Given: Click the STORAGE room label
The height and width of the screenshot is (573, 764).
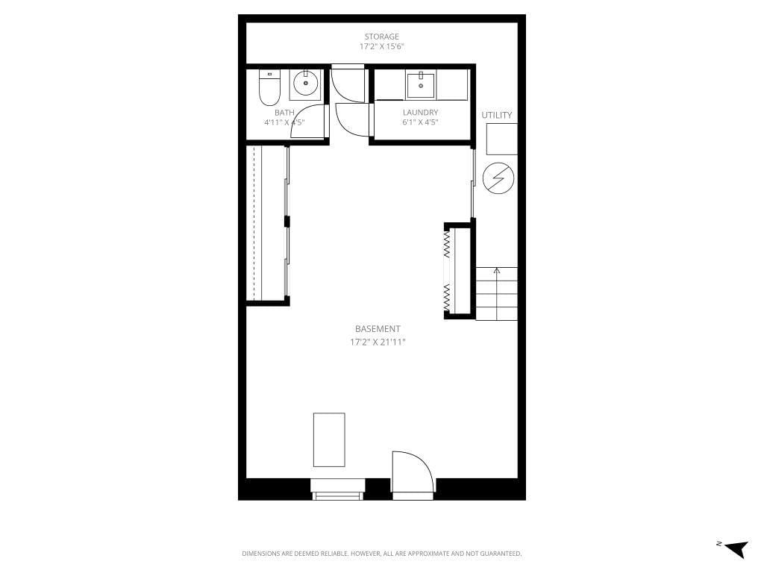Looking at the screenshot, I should pyautogui.click(x=381, y=37).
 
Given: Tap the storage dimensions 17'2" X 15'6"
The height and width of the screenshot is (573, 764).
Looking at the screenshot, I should pyautogui.click(x=381, y=46).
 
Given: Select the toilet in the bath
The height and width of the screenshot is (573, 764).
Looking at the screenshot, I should pyautogui.click(x=269, y=88).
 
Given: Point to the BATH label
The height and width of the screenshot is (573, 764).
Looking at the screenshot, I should pyautogui.click(x=284, y=113).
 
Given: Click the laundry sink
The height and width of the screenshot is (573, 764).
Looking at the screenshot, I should pyautogui.click(x=422, y=85).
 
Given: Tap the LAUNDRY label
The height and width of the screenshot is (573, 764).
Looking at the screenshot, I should pyautogui.click(x=420, y=113).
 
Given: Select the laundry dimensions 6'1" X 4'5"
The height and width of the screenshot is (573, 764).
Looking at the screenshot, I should pyautogui.click(x=420, y=122).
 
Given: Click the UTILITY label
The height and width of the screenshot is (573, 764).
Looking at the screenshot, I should pyautogui.click(x=497, y=115).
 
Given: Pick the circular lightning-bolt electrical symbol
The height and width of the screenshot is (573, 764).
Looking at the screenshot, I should pyautogui.click(x=498, y=178).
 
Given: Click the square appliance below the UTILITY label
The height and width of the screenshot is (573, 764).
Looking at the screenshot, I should pyautogui.click(x=501, y=139).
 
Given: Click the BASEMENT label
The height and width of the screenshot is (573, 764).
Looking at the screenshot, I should pyautogui.click(x=378, y=329).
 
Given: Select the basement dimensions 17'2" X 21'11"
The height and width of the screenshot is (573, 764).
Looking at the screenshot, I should pyautogui.click(x=378, y=342).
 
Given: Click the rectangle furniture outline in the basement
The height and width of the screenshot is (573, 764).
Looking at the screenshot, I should pyautogui.click(x=329, y=439).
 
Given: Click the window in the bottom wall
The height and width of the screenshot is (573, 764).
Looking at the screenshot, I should pyautogui.click(x=338, y=494).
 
